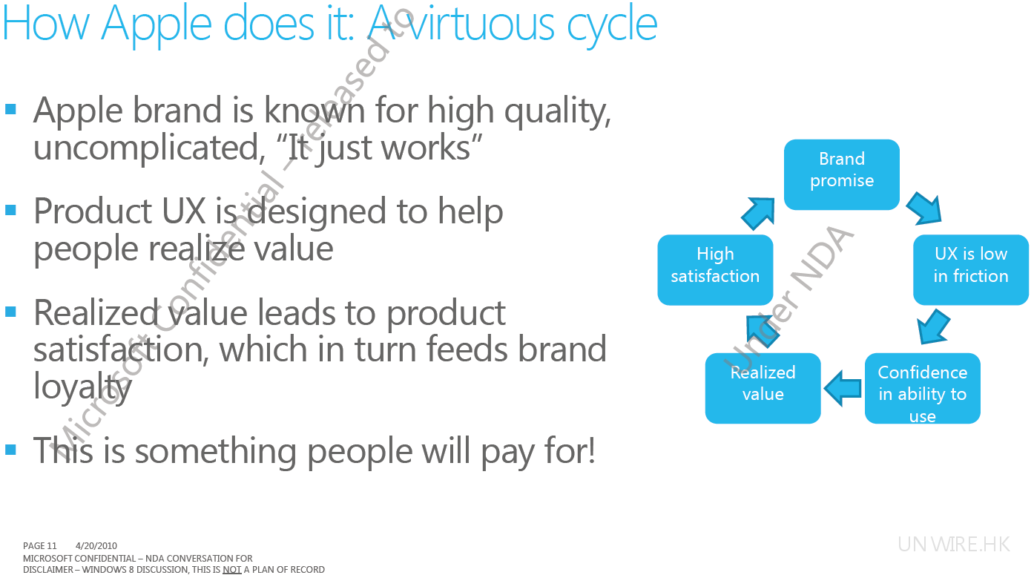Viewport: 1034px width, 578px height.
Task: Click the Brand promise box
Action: [x=841, y=174]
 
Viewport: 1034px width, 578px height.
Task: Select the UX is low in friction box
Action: [x=971, y=269]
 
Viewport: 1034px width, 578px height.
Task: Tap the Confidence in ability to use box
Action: [x=922, y=388]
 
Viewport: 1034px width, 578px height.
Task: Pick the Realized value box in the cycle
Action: [x=763, y=388]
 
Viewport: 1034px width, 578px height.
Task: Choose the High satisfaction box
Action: [x=715, y=269]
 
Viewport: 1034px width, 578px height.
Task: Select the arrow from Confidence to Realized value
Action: [x=843, y=388]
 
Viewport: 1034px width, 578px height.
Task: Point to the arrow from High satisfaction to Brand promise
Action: [x=758, y=213]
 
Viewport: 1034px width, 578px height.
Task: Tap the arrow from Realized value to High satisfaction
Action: [x=763, y=331]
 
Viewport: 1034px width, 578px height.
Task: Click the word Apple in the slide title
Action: [x=157, y=24]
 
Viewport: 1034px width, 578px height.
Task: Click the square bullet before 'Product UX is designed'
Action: [x=10, y=211]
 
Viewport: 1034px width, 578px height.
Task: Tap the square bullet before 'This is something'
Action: [x=10, y=450]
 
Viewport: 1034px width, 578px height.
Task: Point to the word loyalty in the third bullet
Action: [x=82, y=387]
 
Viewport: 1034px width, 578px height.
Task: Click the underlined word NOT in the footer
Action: [x=231, y=570]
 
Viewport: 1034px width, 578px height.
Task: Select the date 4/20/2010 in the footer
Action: [x=96, y=545]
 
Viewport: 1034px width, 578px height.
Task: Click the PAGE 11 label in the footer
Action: [x=40, y=545]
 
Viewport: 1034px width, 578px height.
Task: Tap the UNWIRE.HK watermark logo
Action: [x=954, y=545]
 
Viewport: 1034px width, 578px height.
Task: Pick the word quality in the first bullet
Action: [x=558, y=112]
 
